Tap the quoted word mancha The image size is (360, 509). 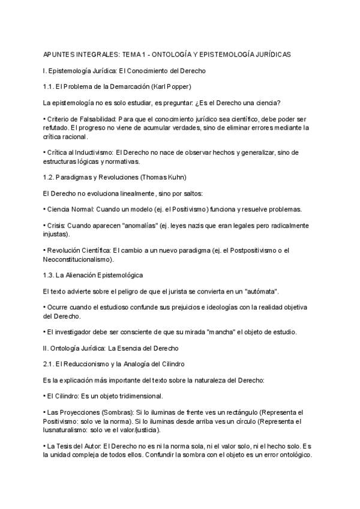click(x=221, y=332)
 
